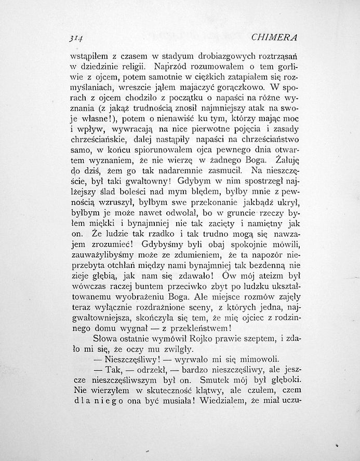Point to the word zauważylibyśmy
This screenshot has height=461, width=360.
(106, 255)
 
